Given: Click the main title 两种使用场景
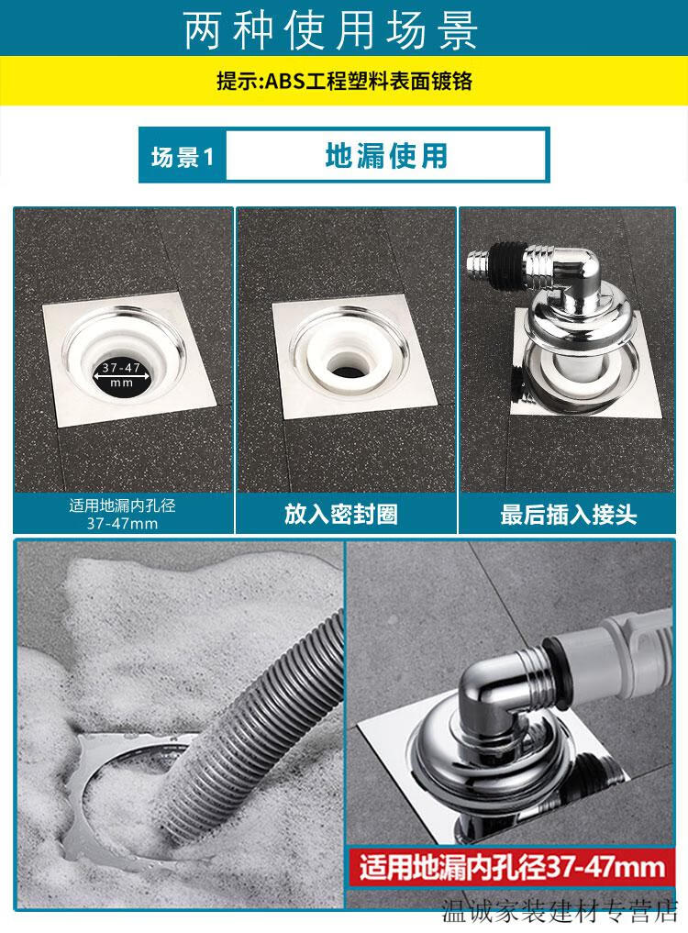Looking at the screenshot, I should point(332,29).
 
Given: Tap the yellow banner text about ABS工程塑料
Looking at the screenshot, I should point(344,81).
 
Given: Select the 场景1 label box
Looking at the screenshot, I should point(182,156).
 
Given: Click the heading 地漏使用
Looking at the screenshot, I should point(385,155).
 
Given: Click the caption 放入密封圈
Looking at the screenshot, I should point(340,514).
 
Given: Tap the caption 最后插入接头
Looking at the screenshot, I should point(568,514).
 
